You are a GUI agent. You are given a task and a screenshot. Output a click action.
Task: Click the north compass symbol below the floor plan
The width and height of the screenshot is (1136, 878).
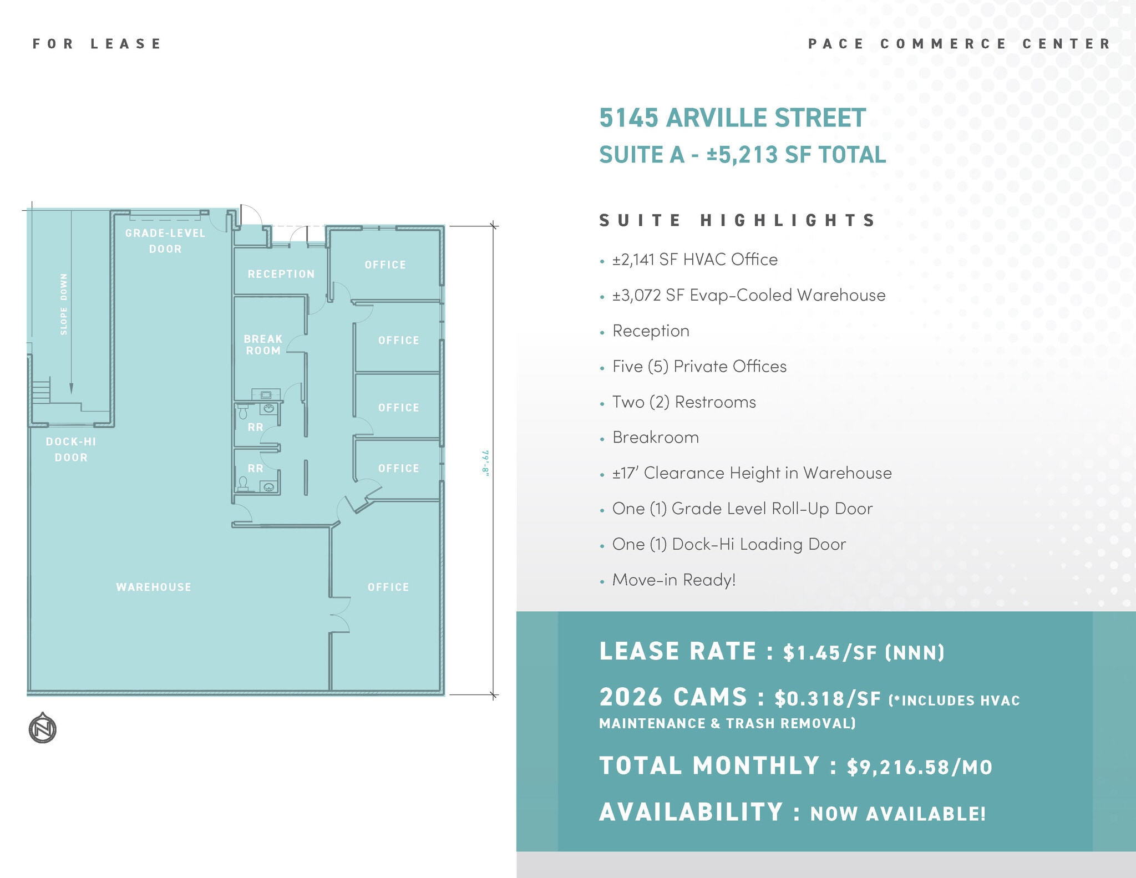coord(43,728)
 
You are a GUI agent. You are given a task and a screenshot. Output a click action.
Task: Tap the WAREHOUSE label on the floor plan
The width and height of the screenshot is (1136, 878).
coord(154,587)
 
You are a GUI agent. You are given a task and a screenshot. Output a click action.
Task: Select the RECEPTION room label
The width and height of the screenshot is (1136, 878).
coord(281,274)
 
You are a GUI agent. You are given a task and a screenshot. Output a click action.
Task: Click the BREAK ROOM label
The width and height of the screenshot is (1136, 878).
coord(263,344)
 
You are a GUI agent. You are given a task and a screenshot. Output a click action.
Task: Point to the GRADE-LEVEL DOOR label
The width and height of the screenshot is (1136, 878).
coord(165,241)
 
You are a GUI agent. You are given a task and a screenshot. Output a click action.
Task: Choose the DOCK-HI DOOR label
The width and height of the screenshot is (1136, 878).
coord(71,449)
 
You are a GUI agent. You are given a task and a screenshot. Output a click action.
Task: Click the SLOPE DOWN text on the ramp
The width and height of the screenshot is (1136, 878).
coord(64,304)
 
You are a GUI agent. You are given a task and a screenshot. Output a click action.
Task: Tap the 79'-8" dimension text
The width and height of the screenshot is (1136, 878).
coord(486,463)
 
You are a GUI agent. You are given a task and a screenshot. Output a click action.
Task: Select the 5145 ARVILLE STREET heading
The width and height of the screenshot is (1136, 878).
coord(732,118)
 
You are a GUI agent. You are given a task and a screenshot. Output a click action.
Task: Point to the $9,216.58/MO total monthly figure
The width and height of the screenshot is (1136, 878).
coord(919,767)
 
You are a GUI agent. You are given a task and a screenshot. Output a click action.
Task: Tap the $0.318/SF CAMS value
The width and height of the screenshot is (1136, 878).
coord(828,699)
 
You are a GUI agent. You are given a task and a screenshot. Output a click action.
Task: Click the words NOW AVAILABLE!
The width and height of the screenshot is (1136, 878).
coord(898,814)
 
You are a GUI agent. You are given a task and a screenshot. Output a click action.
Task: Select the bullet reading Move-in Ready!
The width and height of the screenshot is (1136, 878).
coord(674,580)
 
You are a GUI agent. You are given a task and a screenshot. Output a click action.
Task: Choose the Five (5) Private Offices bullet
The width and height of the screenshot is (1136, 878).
coord(699,367)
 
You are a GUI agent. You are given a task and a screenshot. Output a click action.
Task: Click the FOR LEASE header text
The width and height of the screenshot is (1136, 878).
coord(97,44)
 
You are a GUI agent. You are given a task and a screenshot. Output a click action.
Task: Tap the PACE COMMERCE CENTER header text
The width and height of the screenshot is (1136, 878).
coord(960,44)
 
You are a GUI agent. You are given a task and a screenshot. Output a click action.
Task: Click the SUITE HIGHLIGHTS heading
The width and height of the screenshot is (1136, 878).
coord(737,221)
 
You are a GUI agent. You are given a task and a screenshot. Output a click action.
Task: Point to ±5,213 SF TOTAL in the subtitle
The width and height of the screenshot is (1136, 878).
coord(797,155)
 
